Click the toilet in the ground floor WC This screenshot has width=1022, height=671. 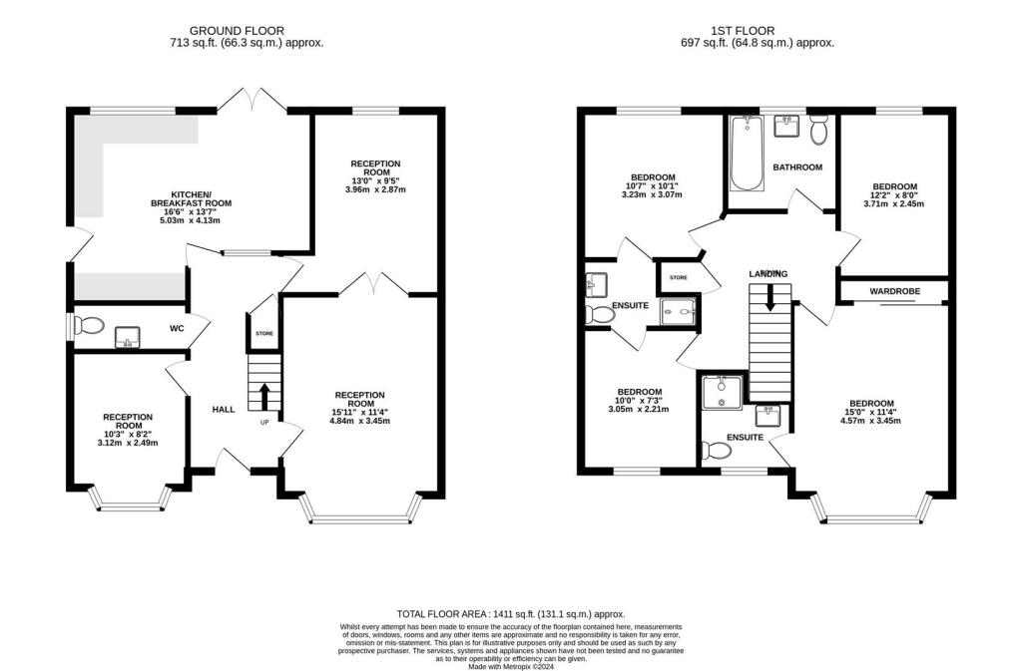click(90, 326)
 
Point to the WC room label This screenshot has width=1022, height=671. click(177, 328)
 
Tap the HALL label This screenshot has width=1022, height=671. click(225, 409)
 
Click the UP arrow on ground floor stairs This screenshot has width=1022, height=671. click(264, 396)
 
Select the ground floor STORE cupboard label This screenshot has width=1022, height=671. click(264, 334)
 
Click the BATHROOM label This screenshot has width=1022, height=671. click(797, 168)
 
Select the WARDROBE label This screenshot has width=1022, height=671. click(894, 291)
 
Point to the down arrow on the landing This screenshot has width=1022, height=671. click(768, 297)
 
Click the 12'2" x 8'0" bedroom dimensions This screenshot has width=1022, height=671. click(894, 198)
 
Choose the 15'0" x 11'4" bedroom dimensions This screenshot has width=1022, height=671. click(865, 415)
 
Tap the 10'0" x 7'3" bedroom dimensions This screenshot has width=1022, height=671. click(639, 403)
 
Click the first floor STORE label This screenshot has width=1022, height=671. click(679, 277)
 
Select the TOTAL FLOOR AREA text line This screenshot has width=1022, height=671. click(510, 614)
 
